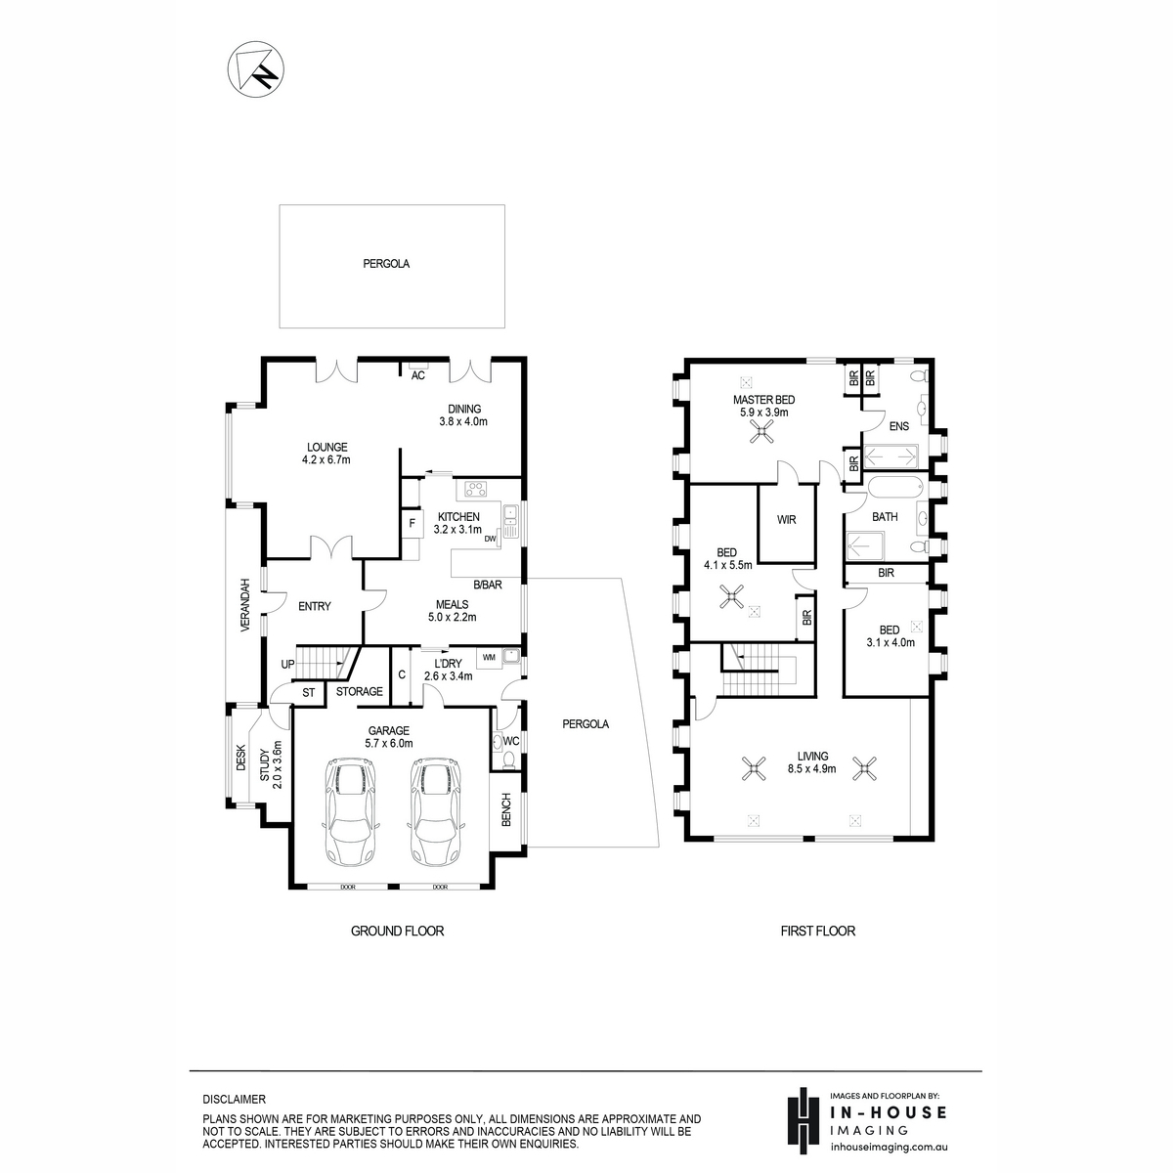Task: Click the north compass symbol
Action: coord(256,68)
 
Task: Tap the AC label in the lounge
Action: coord(417,375)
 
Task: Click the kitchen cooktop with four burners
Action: coord(476,489)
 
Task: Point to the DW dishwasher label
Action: coord(490,539)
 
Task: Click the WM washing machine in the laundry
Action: coord(490,658)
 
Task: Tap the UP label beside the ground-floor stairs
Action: coord(287,664)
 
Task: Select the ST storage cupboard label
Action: coord(309,693)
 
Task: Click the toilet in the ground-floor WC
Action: coord(509,759)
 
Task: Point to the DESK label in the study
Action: coord(240,758)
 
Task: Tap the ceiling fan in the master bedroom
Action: coord(761,433)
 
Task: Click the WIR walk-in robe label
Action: coord(787,520)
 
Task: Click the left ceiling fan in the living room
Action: coord(755,768)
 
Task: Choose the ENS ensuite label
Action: coord(899,426)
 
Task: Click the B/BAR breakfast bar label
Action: coord(488,585)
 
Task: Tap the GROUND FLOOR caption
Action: coord(398,931)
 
